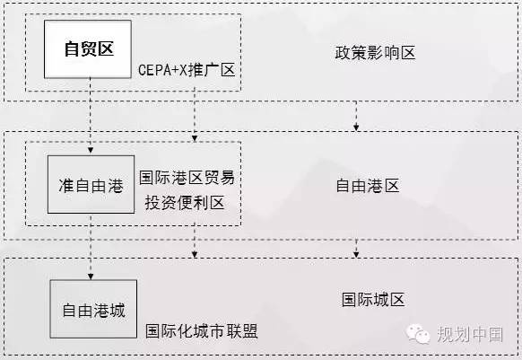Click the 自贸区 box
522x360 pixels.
pos(88,49)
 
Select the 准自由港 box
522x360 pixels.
pos(91,184)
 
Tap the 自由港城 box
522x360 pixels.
pos(93,309)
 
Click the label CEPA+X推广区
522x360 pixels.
pos(187,70)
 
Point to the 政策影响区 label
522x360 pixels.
pos(375,53)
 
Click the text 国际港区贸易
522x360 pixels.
pos(187,178)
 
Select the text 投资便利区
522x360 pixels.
pos(185,203)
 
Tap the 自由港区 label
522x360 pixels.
pos(368,186)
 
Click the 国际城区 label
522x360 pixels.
pos(373,300)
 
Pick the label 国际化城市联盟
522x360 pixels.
pos(202,331)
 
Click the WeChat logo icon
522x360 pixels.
pos(418,334)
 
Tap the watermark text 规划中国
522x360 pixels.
pos(470,334)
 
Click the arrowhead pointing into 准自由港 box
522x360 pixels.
pos(91,150)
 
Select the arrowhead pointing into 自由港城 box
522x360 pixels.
pos(91,277)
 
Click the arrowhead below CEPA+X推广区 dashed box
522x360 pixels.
pos(195,138)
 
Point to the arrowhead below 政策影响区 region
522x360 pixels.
pos(356,127)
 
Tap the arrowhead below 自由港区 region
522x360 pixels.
pos(356,255)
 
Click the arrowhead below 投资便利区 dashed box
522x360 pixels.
pos(195,255)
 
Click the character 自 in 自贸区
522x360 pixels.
pos(73,49)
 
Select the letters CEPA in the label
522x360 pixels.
pos(154,70)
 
